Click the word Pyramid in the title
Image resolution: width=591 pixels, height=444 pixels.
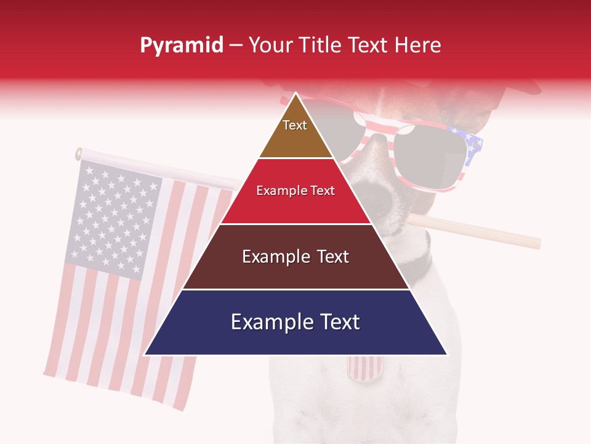pos(181,46)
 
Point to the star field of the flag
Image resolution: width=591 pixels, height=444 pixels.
pos(114,216)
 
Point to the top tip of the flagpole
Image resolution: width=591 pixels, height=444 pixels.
pos(79,154)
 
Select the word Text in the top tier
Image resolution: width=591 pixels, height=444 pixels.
pos(295,125)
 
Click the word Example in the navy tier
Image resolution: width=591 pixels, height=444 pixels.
pos(267,322)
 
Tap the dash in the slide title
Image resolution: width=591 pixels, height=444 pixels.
pos(236,46)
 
